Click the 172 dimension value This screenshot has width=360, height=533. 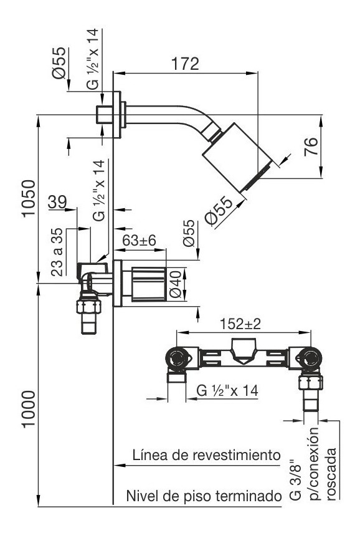185,64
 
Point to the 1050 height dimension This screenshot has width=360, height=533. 29,198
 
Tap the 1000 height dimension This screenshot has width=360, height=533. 29,410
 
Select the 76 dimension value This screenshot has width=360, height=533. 311,146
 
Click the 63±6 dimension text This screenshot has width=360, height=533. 140,241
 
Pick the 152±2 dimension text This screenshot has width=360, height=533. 240,324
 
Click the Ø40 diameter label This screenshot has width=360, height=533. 176,284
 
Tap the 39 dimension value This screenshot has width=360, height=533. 57,202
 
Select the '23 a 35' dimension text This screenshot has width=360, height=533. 57,252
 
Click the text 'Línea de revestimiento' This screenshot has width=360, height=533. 207,455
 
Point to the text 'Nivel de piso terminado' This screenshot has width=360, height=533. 204,496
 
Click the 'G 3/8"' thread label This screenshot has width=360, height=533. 295,479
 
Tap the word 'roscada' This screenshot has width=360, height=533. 331,474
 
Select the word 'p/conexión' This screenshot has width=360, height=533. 313,464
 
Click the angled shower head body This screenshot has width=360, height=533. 237,157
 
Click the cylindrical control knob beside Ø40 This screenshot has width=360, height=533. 149,284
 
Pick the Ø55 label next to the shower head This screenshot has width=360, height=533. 219,211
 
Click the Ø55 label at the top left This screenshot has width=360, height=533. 59,63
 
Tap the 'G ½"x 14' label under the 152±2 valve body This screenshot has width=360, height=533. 227,390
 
